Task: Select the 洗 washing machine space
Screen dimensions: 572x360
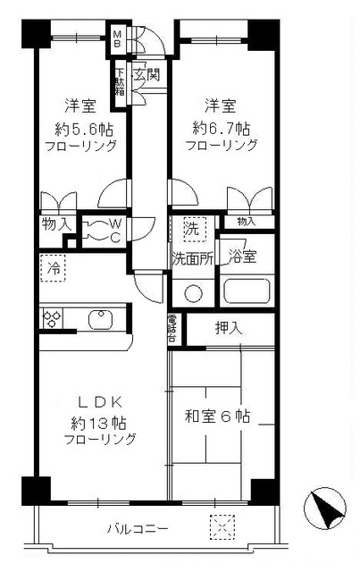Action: pos(190,228)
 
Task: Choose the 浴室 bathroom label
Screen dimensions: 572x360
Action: pos(242,257)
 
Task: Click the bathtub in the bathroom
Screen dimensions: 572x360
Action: pos(246,290)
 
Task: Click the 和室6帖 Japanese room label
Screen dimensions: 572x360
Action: pos(218,416)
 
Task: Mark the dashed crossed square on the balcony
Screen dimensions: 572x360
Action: pos(219,528)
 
